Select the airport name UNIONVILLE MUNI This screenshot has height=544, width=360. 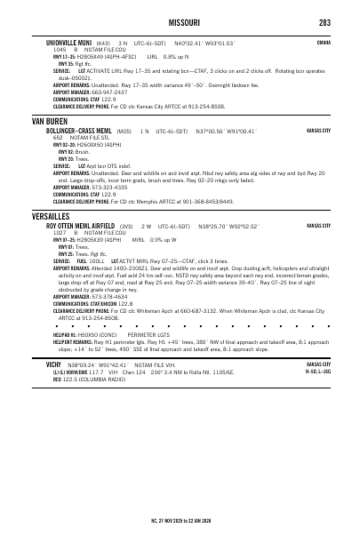click(68, 42)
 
